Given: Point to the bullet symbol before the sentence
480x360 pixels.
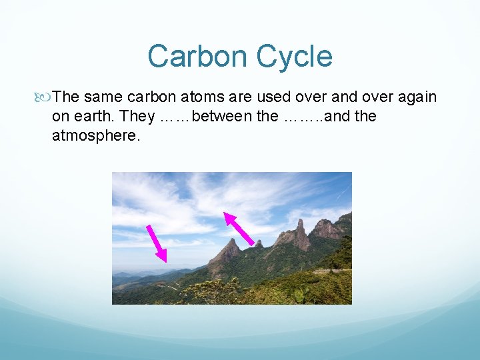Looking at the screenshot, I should [45, 97].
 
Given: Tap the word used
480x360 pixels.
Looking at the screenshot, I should [277, 97].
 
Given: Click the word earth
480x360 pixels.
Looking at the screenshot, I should [93, 117].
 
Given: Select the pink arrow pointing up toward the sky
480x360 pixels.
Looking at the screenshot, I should [239, 229].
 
